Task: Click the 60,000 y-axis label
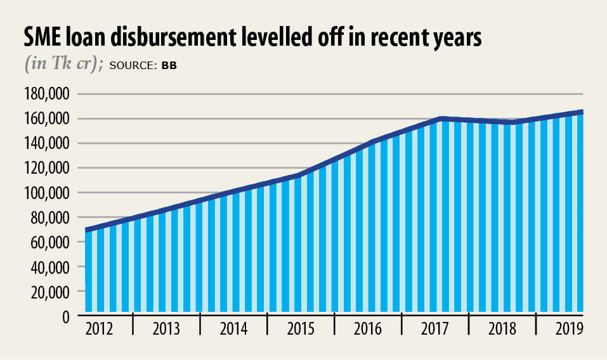click(x=53, y=242)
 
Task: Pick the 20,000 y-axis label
click(x=53, y=292)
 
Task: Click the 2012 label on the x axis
click(x=99, y=330)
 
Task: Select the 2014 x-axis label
click(x=233, y=330)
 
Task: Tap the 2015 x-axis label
click(x=301, y=330)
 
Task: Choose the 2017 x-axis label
click(x=434, y=330)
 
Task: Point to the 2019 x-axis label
click(x=569, y=330)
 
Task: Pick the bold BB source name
click(x=169, y=65)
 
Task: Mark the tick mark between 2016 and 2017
click(x=401, y=325)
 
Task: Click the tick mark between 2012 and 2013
click(x=133, y=325)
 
